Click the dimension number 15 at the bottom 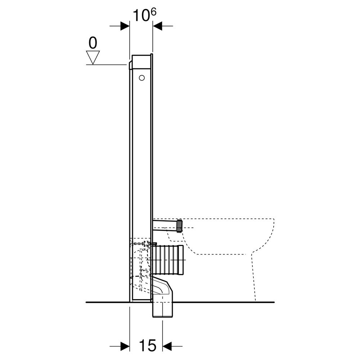(x=148, y=345)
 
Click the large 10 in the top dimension (x=141, y=15)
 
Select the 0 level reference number (x=93, y=43)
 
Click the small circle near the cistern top (x=142, y=78)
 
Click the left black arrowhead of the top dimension (x=125, y=26)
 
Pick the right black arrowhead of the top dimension (x=157, y=26)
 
